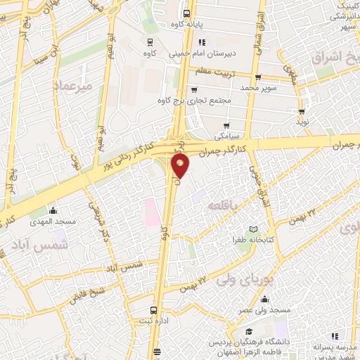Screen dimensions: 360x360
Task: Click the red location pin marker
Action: tap(181, 166)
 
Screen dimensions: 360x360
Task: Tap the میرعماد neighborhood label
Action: tap(72, 86)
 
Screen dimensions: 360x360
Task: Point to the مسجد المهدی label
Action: tap(52, 221)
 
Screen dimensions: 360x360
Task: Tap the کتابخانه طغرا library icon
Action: tap(253, 229)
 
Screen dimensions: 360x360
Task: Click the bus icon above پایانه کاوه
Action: tap(186, 13)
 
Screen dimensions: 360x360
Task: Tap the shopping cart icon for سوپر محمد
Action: tap(257, 78)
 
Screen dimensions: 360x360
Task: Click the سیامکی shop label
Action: tap(229, 132)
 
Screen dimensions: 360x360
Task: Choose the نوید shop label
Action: tap(302, 122)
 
